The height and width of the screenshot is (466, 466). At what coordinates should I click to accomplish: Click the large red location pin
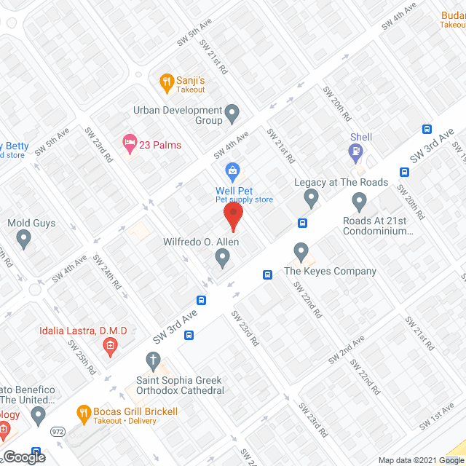point(232,216)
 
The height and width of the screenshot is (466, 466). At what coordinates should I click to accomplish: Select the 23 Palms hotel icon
point(130,144)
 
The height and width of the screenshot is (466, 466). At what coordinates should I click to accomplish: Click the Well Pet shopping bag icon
point(232,173)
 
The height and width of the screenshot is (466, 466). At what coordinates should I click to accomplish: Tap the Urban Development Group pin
point(232,112)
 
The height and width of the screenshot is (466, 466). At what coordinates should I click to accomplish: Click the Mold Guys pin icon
point(24,237)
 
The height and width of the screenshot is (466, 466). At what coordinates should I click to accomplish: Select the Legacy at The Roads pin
point(312,197)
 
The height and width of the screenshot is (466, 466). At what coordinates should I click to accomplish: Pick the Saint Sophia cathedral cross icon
point(153,359)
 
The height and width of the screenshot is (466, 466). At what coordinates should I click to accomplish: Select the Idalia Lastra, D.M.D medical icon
point(111,346)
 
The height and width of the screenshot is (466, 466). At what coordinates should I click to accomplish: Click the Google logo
point(23,457)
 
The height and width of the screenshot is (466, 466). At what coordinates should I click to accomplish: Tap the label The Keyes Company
point(330,272)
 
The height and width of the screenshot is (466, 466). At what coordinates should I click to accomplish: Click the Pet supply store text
point(243,200)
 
